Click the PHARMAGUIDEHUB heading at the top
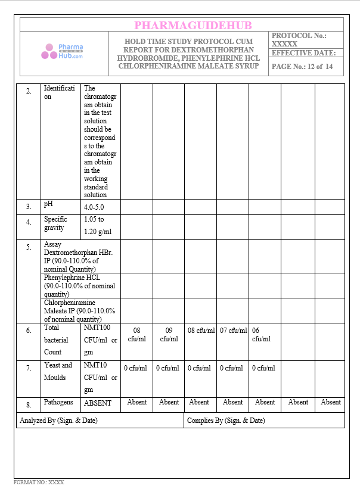pos(193,25)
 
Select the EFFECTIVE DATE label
pos(303,53)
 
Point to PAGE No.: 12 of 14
pos(302,67)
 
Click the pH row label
pos(48,204)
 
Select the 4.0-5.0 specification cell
pos(94,207)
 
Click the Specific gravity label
pos(55,223)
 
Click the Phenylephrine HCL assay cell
pos(79,285)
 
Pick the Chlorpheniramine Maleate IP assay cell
pos(79,310)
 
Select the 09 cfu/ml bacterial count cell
pos(169,335)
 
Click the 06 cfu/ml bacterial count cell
pos(261,335)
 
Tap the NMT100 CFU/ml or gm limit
pos(100,340)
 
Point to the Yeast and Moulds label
pos(58,371)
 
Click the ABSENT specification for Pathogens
pos(98,403)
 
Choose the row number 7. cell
pos(29,369)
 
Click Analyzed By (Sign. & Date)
pos(58,421)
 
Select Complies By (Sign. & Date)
pos(226,421)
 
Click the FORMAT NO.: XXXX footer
pos(39,482)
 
